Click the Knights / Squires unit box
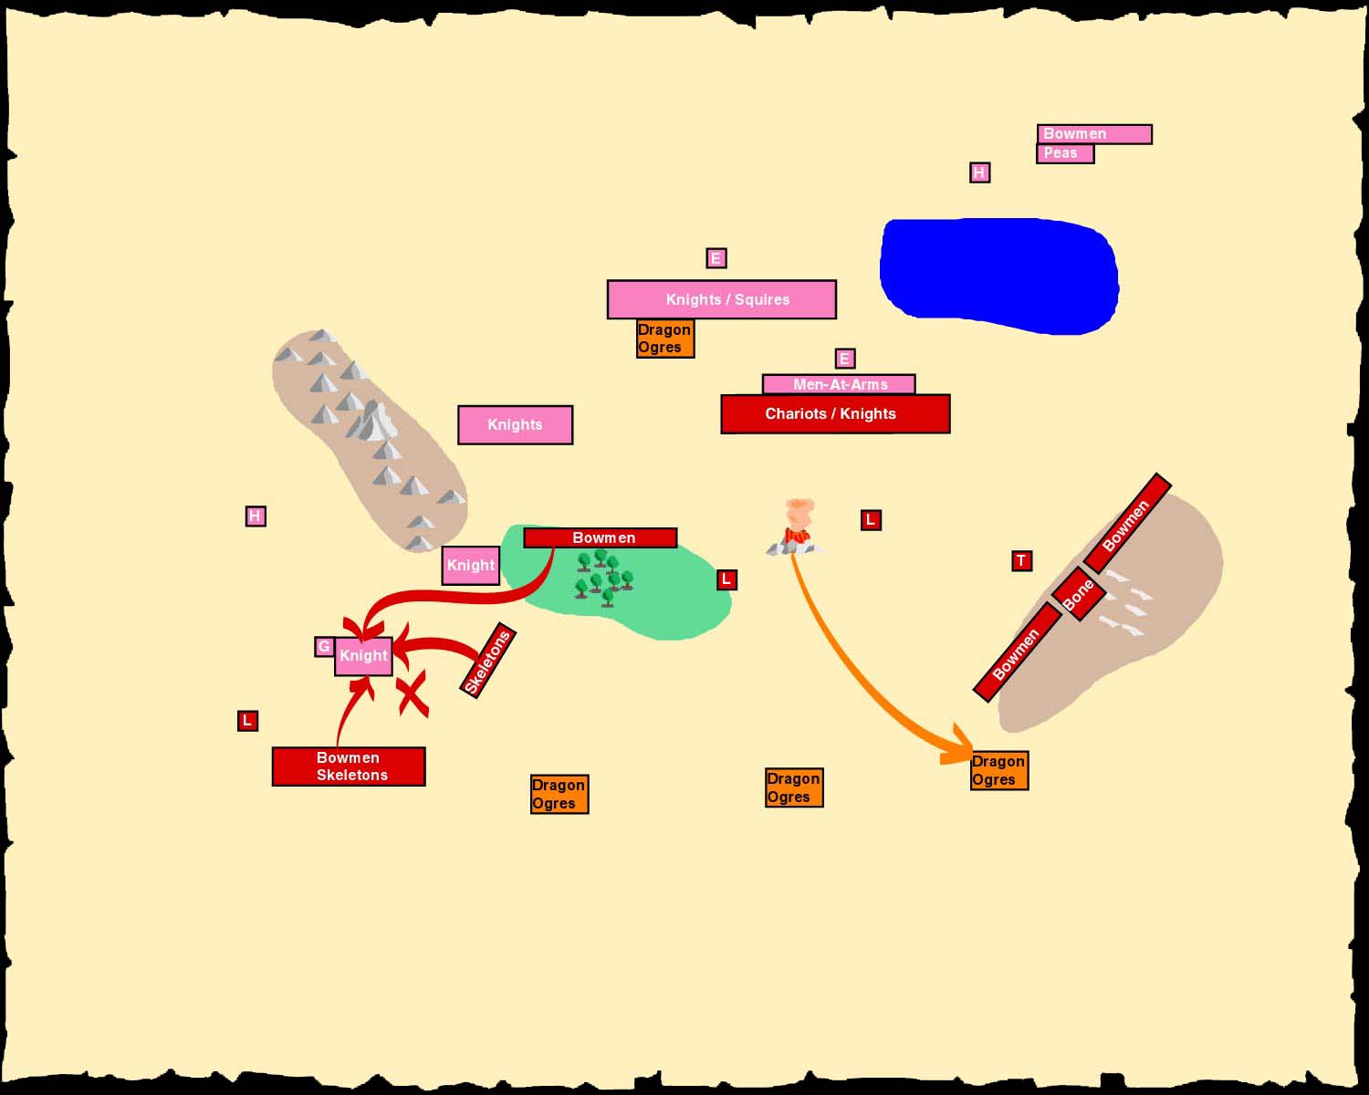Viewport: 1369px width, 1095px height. tap(721, 299)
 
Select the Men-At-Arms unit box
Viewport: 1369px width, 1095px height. tap(839, 384)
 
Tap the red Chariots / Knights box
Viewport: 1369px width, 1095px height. tap(835, 413)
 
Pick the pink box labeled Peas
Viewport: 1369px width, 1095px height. tap(1065, 154)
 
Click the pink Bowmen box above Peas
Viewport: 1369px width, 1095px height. tap(1094, 134)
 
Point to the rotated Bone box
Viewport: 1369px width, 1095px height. tap(1078, 594)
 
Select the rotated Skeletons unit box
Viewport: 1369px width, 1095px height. tap(488, 661)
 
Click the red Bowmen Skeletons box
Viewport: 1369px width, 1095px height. tap(349, 766)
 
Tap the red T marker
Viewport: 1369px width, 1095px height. tap(1021, 560)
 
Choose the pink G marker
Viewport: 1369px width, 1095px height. tap(324, 646)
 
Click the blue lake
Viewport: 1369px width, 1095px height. tap(999, 276)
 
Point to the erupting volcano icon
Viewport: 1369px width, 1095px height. tap(795, 527)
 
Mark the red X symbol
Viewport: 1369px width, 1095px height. tap(413, 694)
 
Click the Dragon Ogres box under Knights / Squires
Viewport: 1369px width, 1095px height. tap(665, 339)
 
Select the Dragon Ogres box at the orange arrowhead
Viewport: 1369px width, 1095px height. tap(999, 770)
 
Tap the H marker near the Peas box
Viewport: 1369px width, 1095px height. tap(979, 172)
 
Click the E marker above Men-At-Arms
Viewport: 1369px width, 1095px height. tap(845, 359)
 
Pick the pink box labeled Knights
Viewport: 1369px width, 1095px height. tap(516, 424)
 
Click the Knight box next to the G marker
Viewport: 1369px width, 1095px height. tap(363, 656)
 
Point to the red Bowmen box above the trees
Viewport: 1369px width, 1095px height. tap(601, 537)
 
